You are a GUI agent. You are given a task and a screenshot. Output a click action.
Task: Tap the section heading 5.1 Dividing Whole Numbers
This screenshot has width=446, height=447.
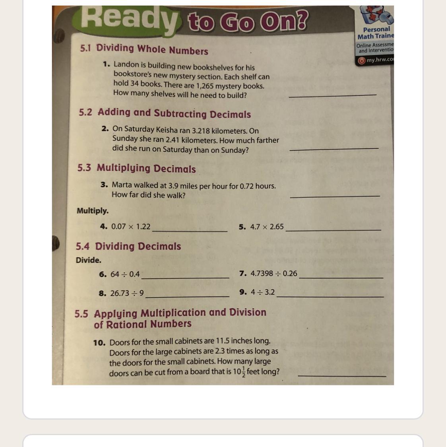point(144,49)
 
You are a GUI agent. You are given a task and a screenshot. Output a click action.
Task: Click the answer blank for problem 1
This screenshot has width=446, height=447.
point(332,95)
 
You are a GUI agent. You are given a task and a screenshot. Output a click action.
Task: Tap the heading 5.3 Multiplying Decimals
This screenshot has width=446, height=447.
point(136,168)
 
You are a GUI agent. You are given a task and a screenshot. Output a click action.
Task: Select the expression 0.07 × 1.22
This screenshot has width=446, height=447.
point(131,227)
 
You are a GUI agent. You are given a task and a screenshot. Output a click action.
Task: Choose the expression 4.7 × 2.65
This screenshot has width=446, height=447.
point(267,227)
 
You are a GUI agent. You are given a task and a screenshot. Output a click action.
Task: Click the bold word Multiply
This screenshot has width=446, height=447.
point(93,211)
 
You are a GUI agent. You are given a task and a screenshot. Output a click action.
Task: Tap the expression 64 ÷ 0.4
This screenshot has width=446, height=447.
point(125,274)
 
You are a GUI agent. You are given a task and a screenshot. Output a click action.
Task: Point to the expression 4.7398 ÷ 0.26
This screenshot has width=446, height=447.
point(273,273)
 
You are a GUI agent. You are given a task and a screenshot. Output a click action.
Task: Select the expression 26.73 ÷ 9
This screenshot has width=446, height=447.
point(127,293)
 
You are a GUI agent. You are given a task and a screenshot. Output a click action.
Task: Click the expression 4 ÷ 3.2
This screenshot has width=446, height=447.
point(262,292)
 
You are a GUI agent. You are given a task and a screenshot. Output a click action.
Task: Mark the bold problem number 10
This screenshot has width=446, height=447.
point(99,343)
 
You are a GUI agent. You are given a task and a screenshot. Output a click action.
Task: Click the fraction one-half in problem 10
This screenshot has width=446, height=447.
point(243,372)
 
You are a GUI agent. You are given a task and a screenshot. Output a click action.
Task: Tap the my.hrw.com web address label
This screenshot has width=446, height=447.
point(380,60)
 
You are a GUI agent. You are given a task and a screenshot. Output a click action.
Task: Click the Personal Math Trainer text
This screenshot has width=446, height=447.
point(376,33)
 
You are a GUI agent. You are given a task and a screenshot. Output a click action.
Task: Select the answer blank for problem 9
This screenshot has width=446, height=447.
point(330,297)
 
